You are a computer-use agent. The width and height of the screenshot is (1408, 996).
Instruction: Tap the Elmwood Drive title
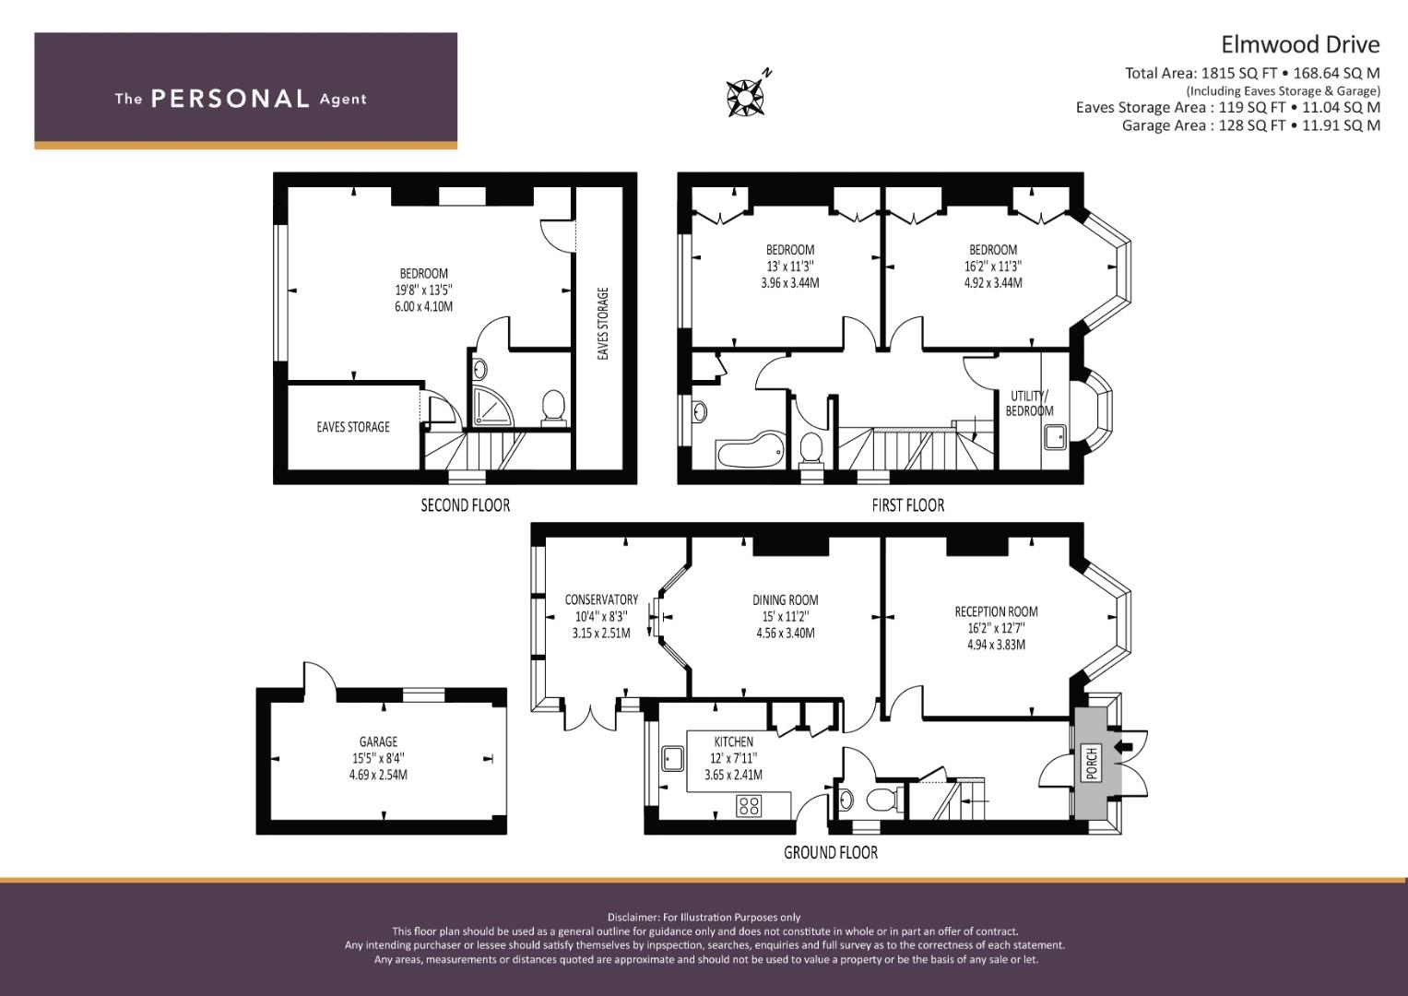(x=1300, y=44)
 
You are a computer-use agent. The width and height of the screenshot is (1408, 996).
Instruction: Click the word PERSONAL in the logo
(x=231, y=99)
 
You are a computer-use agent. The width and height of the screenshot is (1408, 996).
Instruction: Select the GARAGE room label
(x=378, y=742)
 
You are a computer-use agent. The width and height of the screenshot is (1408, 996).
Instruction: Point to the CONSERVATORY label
(x=601, y=599)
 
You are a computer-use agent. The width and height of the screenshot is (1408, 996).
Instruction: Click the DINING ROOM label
(x=786, y=599)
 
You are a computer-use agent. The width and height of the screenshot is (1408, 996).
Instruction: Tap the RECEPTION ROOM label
(x=996, y=611)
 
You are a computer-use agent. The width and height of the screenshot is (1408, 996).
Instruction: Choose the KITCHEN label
(x=734, y=742)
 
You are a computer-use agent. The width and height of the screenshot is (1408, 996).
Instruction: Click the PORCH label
(x=1092, y=763)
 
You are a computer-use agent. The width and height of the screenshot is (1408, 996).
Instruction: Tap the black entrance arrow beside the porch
(x=1123, y=747)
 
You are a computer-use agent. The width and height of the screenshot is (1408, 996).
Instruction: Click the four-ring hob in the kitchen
(x=749, y=806)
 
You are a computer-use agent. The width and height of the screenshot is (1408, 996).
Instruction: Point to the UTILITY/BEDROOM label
(x=1030, y=404)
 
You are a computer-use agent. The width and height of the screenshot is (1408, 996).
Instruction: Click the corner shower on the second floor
(x=491, y=406)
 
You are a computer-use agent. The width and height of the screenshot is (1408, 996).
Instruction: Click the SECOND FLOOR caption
(x=465, y=505)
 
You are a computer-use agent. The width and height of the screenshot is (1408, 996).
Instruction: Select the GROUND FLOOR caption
(x=831, y=853)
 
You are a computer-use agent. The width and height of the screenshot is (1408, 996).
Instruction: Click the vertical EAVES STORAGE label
(x=603, y=324)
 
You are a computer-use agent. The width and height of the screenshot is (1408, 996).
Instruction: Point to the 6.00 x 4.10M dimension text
(x=423, y=307)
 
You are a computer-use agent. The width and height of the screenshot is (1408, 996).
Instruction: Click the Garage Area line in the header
(x=1251, y=125)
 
